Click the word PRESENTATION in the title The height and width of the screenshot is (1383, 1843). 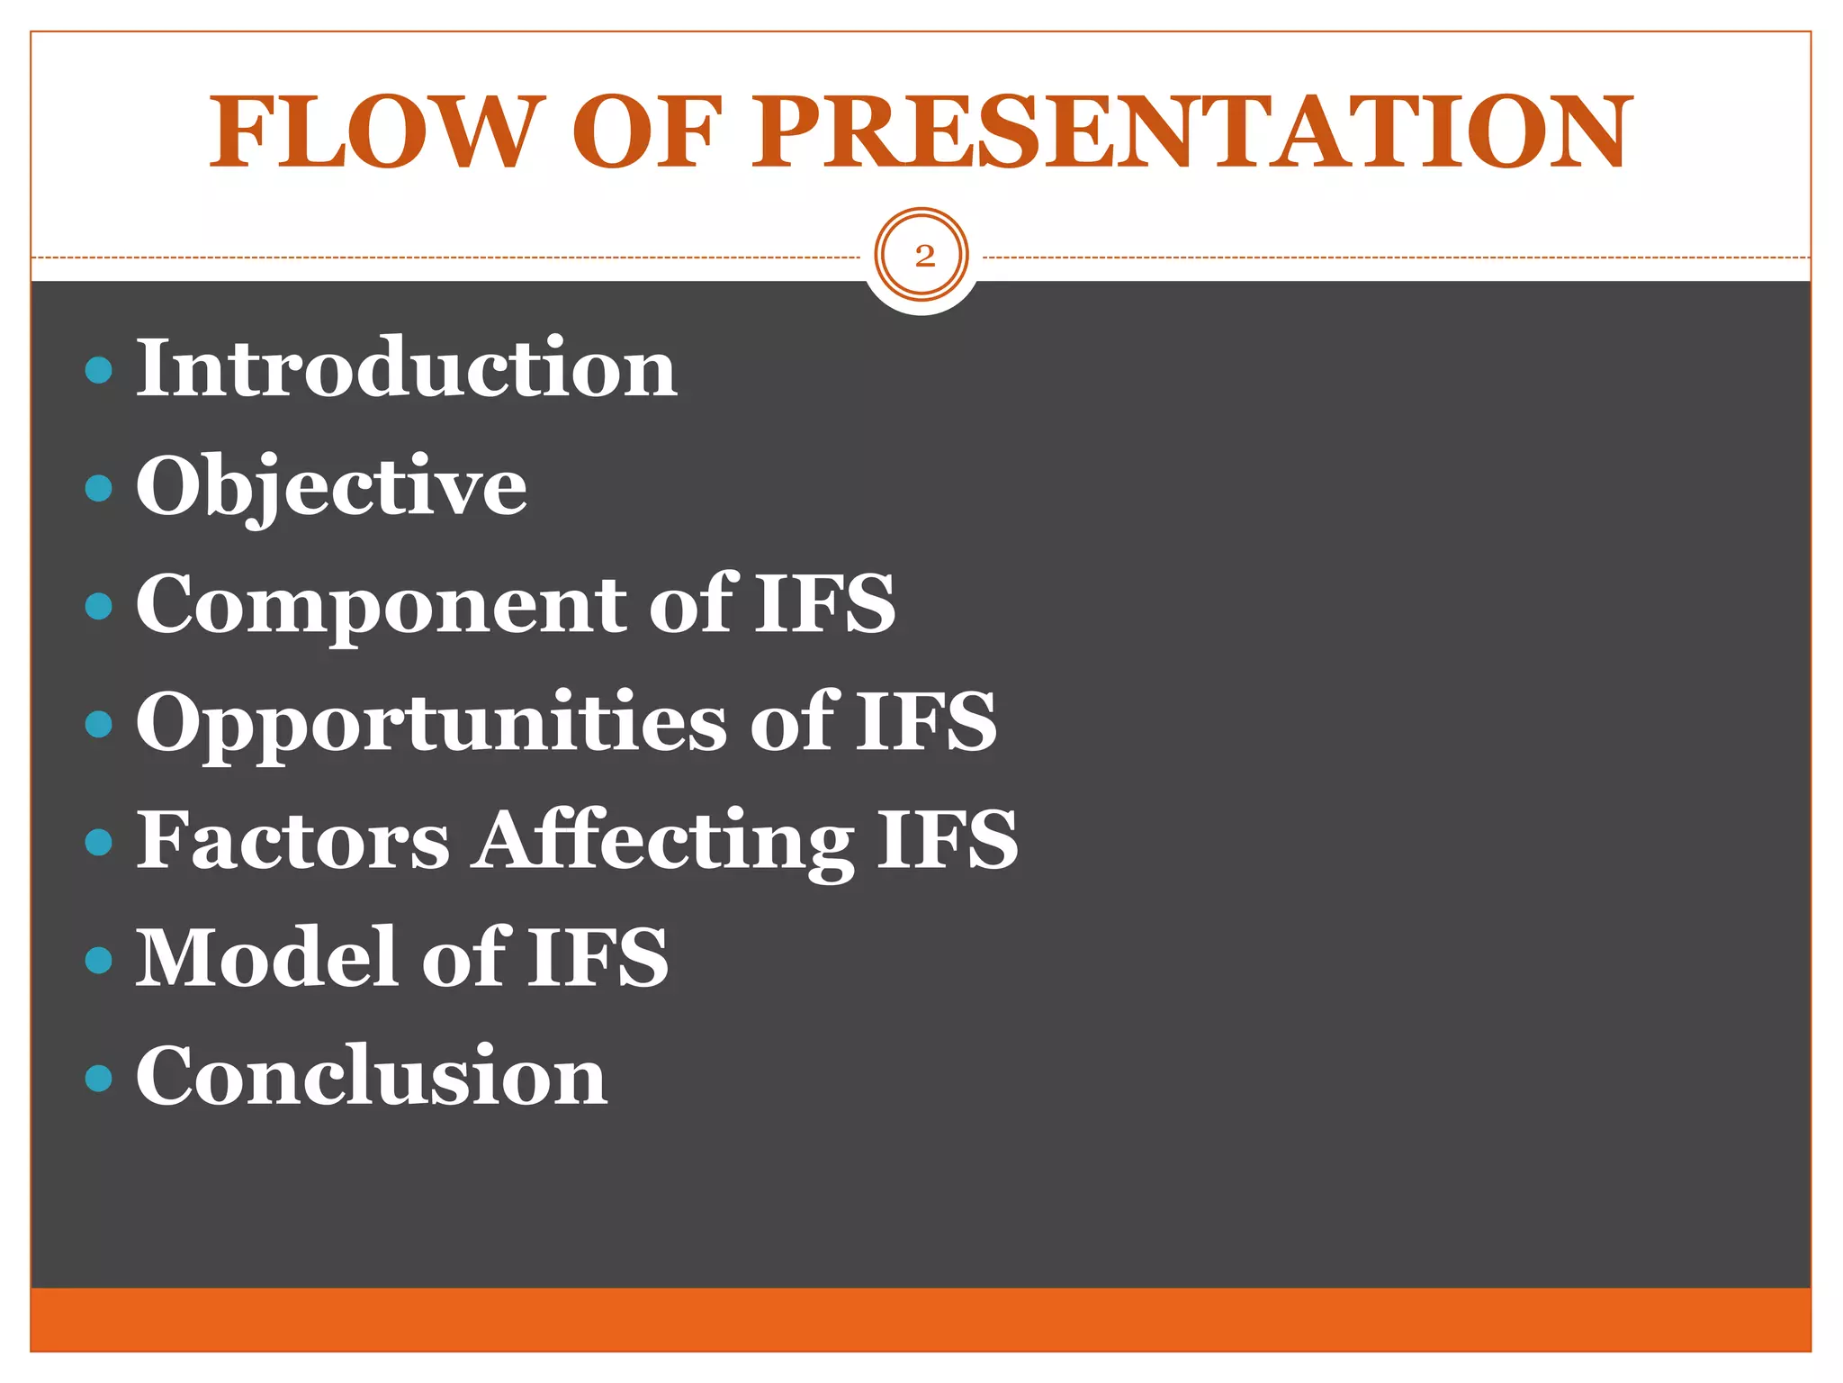point(1191,132)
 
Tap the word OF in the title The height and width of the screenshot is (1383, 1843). point(646,132)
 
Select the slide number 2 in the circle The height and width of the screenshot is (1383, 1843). point(923,257)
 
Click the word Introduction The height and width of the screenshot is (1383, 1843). point(406,368)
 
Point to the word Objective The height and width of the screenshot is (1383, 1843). point(331,487)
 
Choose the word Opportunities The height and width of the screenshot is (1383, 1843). point(431,723)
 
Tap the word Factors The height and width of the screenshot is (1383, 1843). point(292,840)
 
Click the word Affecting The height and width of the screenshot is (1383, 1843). point(663,842)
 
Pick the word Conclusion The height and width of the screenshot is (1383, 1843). point(371,1076)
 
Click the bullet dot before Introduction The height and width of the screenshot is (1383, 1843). point(98,370)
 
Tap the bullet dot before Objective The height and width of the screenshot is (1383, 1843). point(98,488)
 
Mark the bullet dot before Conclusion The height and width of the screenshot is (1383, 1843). point(98,1078)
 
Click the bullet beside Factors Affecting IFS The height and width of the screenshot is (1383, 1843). point(98,842)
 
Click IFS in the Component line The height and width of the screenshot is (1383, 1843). point(824,605)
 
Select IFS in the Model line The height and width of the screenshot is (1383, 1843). point(598,958)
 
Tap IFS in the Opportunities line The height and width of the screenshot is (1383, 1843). point(926,723)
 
